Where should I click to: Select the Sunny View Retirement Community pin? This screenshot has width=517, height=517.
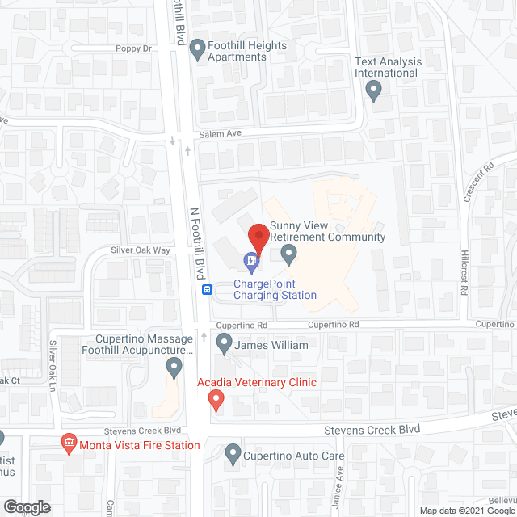(288, 255)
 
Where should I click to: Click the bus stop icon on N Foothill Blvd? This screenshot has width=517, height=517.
(208, 290)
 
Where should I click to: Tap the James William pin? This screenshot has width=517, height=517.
(225, 345)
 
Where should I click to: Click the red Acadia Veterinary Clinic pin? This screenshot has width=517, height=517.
(216, 399)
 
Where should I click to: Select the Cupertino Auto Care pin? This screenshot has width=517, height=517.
(233, 455)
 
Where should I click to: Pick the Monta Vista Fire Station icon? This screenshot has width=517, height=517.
(69, 444)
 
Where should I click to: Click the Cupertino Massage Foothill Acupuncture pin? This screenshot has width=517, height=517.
(173, 368)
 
